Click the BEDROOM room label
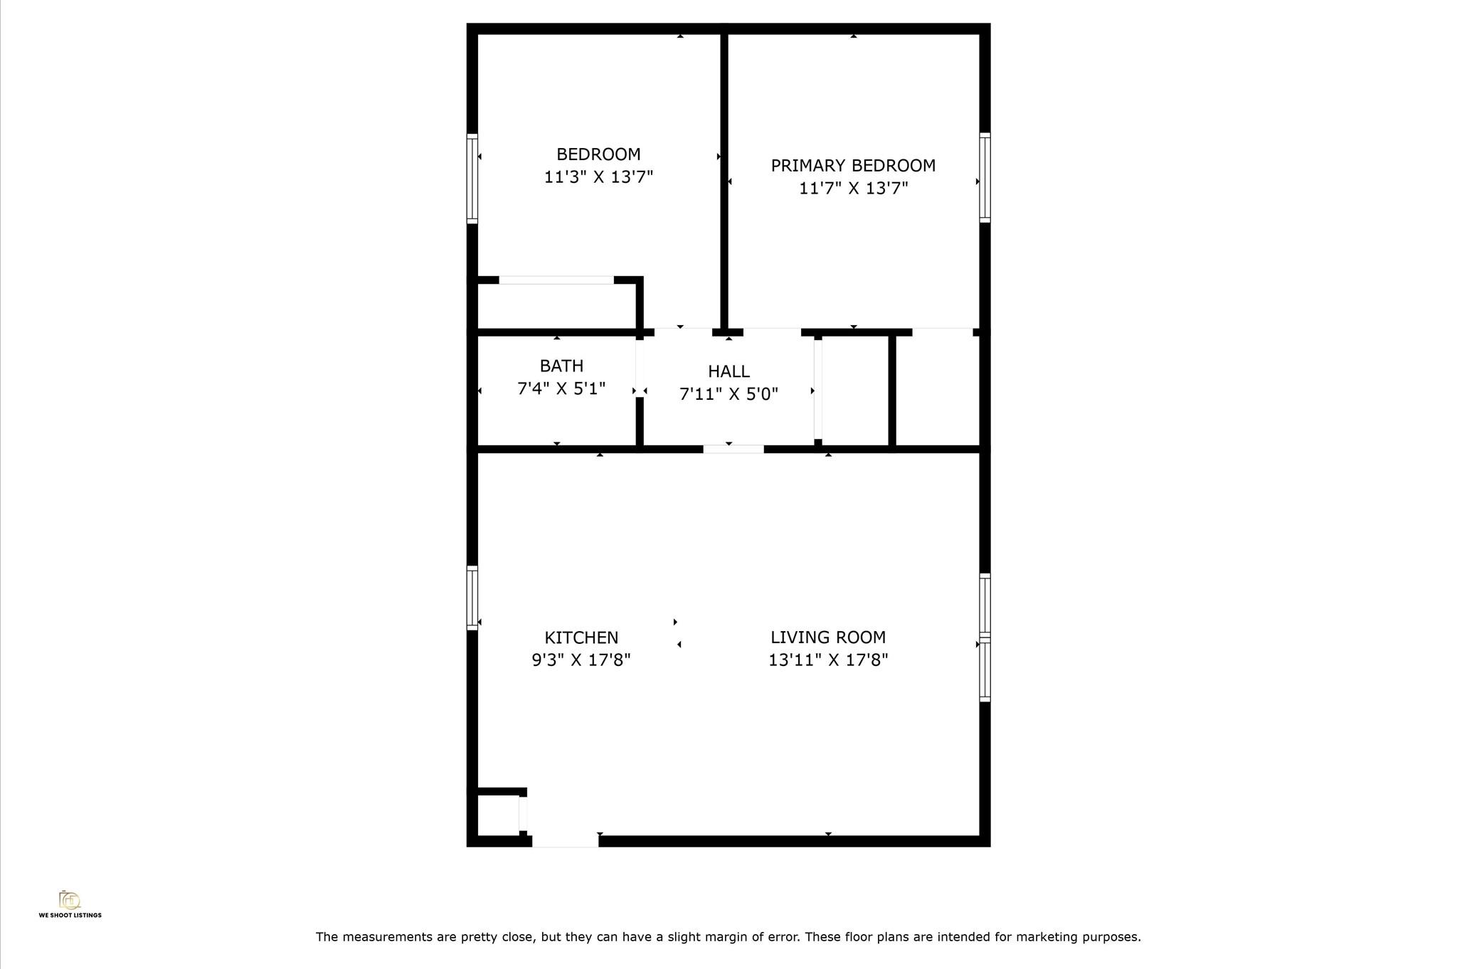point(598,154)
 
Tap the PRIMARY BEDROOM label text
point(853,166)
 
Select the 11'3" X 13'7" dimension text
point(598,177)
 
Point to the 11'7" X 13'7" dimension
point(853,189)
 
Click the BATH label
point(561,366)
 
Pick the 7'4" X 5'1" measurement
point(561,389)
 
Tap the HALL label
point(728,371)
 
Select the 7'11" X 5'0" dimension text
point(728,394)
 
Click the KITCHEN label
point(581,637)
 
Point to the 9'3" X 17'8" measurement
point(581,660)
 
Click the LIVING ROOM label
point(828,637)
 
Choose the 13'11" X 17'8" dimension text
point(828,660)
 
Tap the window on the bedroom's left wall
point(472,179)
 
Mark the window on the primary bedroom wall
point(985,177)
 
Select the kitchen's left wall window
point(472,598)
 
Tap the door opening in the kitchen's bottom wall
point(566,842)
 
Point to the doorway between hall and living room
point(733,449)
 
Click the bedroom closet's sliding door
point(556,280)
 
